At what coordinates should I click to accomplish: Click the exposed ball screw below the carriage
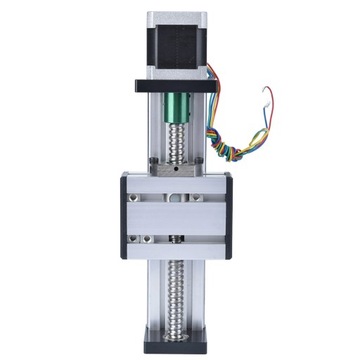177,295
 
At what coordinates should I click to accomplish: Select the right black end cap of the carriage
229,215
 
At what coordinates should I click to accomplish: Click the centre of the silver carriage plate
177,216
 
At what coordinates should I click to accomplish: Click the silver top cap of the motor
177,18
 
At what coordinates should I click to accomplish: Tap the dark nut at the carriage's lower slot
177,239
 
